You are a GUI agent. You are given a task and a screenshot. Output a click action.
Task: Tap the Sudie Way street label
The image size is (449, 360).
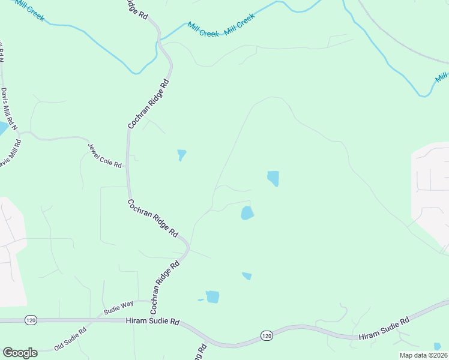click(x=118, y=308)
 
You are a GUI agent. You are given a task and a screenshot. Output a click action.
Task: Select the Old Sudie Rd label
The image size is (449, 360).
click(x=71, y=338)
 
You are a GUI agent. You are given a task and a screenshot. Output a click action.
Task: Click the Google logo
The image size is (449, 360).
click(x=20, y=353)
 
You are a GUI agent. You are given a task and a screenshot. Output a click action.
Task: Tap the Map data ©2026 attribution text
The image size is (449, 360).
click(x=423, y=355)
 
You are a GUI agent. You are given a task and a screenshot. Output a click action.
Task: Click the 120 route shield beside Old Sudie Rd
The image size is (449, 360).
click(x=30, y=321)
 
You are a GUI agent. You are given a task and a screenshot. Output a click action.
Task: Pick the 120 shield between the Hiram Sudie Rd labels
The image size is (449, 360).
click(x=267, y=334)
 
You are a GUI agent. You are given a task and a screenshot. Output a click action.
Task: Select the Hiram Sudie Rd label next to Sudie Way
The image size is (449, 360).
click(x=153, y=322)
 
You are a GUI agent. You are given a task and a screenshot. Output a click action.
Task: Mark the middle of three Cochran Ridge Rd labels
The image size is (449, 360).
click(x=153, y=217)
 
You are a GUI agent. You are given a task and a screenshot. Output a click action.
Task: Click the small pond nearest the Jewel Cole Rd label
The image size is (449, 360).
click(x=181, y=155)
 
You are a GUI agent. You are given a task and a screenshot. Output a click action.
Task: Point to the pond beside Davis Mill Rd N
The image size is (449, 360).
click(x=3, y=128)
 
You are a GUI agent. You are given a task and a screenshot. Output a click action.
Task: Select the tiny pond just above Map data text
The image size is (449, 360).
click(x=437, y=346)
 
